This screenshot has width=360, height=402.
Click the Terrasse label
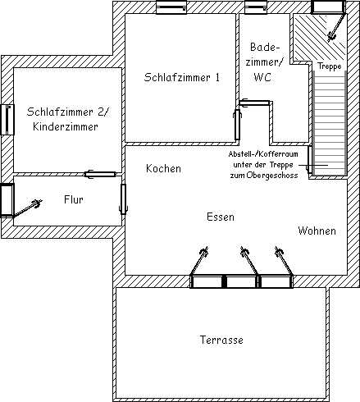[221, 340]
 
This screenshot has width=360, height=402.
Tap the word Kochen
[163, 168]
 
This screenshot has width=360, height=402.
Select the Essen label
[221, 217]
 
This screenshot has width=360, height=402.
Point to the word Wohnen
[317, 231]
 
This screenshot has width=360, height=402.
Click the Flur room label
[74, 199]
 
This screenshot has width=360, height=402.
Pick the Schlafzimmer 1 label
[182, 77]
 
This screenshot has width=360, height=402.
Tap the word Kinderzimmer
[66, 126]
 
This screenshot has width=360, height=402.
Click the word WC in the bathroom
[262, 77]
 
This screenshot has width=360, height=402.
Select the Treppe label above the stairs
[330, 66]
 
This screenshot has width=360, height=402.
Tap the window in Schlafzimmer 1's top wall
[171, 7]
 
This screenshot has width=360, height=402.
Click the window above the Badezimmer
[256, 7]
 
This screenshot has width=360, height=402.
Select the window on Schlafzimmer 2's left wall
[7, 120]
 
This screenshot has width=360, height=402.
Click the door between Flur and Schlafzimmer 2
[100, 174]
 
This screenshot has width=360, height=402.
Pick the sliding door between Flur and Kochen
[124, 199]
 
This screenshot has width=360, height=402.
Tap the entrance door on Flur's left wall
[7, 200]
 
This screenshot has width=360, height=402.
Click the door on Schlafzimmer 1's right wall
[237, 125]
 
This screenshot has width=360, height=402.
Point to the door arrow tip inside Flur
[42, 201]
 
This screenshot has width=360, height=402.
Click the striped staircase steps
[330, 122]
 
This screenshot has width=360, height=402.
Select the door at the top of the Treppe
[329, 7]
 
